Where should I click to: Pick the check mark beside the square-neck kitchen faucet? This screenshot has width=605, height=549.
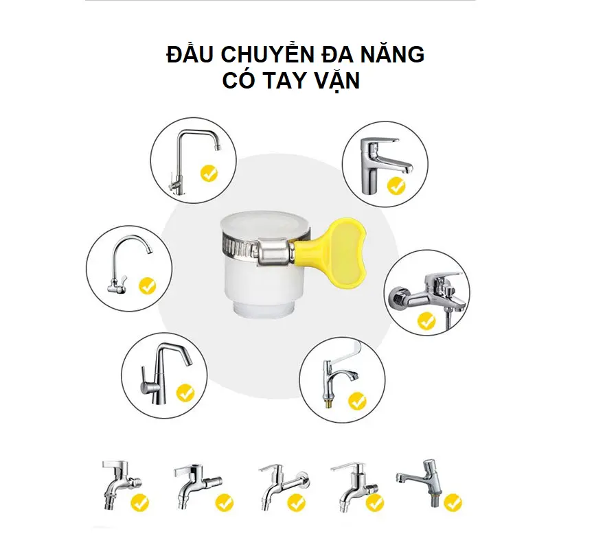point(209,174)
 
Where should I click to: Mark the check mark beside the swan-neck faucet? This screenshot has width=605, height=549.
point(148,286)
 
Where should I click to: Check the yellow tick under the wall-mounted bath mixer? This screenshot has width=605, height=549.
point(426,320)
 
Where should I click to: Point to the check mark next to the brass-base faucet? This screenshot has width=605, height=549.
point(357,401)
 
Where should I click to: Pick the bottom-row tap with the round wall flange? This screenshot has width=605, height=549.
point(284,487)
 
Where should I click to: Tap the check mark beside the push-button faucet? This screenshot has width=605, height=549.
point(453,503)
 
